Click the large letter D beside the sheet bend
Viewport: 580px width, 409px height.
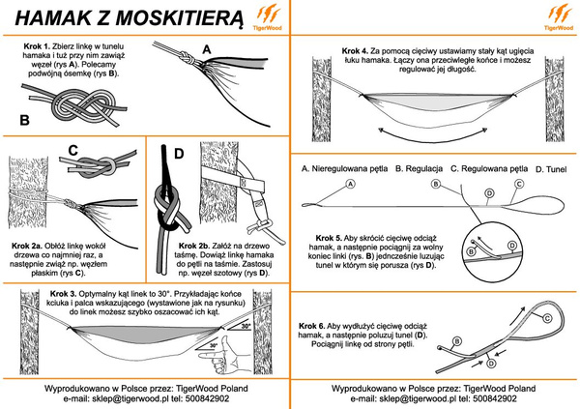[176, 153]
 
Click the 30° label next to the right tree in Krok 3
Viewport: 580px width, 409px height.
[246, 327]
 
